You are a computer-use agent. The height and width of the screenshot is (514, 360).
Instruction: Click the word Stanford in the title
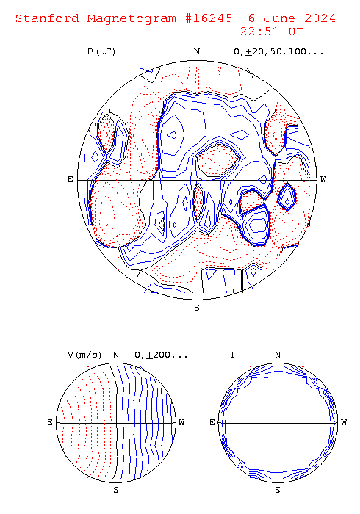point(48,18)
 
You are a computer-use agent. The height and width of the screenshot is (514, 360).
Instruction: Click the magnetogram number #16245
point(209,18)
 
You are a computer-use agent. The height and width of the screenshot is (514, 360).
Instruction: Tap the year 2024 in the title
point(320,18)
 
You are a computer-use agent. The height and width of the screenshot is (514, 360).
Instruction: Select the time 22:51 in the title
point(259,32)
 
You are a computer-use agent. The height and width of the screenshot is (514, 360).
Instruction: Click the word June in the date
point(279,18)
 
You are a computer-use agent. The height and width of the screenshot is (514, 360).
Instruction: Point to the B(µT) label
point(101,52)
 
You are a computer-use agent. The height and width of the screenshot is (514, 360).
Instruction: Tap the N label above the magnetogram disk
point(197,52)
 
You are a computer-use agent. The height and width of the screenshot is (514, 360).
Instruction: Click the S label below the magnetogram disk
point(197,308)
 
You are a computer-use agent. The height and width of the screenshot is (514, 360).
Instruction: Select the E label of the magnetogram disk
point(71,180)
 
